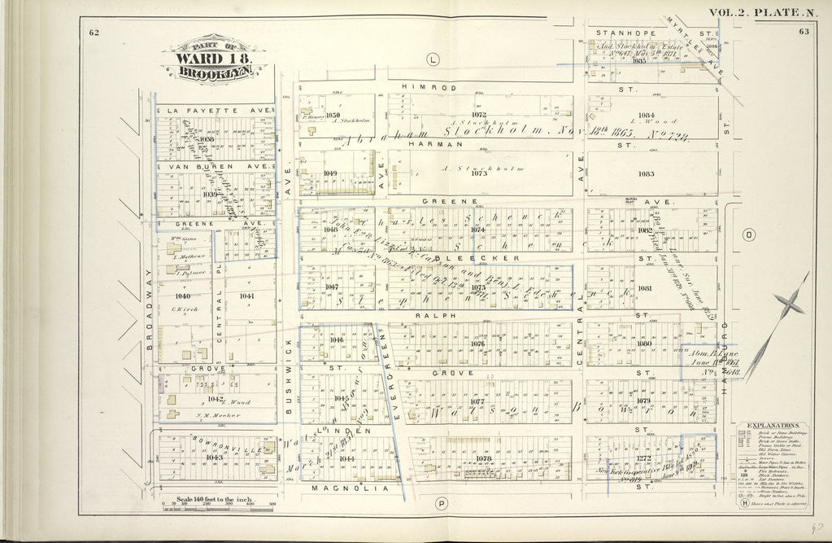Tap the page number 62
point(94,32)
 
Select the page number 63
point(804,32)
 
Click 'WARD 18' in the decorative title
point(214,59)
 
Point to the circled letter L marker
point(433,58)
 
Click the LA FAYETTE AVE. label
point(216,110)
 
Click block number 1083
point(646,174)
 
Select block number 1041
point(247,296)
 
